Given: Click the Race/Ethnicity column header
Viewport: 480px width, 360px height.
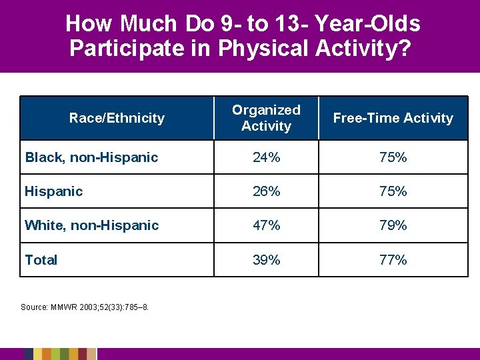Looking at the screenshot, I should click(117, 118).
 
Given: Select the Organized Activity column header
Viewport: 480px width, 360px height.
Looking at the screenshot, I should click(266, 118).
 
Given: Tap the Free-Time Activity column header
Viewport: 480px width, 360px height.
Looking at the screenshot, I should click(393, 118).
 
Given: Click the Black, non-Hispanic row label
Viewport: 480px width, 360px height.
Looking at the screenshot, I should click(91, 157).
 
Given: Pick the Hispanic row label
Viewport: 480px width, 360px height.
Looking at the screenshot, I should click(54, 191).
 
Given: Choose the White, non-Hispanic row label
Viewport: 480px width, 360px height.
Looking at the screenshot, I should click(91, 225).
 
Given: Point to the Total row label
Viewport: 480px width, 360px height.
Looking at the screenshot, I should click(41, 260).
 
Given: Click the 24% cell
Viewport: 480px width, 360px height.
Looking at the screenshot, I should click(266, 157).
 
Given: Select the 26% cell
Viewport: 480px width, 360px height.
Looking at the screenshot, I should click(266, 191).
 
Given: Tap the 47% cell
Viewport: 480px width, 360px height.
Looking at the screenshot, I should click(266, 225).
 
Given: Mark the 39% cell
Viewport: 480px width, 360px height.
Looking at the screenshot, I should click(266, 260).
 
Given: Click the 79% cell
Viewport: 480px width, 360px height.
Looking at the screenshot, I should click(393, 225).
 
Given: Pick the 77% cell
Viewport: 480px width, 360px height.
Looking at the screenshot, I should click(393, 260).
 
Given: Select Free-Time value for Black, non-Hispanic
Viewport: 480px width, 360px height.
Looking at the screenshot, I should click(393, 157).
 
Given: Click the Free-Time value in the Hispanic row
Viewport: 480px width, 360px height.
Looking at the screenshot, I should click(393, 191).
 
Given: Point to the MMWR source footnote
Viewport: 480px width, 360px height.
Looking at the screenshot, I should click(85, 307).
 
